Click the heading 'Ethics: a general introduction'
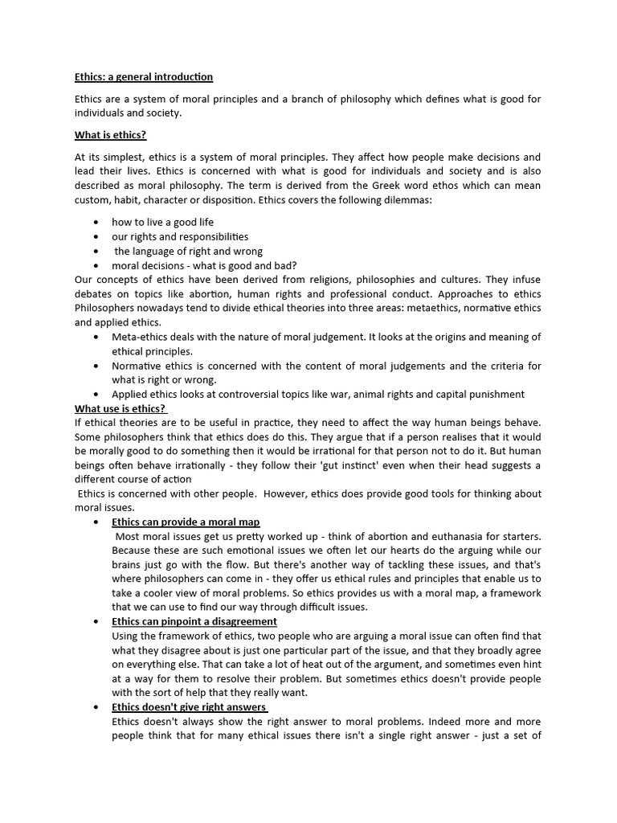(144, 77)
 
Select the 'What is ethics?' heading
(111, 135)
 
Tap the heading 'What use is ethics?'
(120, 408)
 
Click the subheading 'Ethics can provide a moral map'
(186, 522)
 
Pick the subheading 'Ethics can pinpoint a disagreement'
(194, 621)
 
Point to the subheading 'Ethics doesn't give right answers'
(189, 707)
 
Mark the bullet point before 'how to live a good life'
(96, 223)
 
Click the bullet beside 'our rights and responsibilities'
(96, 237)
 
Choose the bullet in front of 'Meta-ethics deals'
(96, 338)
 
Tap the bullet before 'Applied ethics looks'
(96, 395)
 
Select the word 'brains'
(129, 565)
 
